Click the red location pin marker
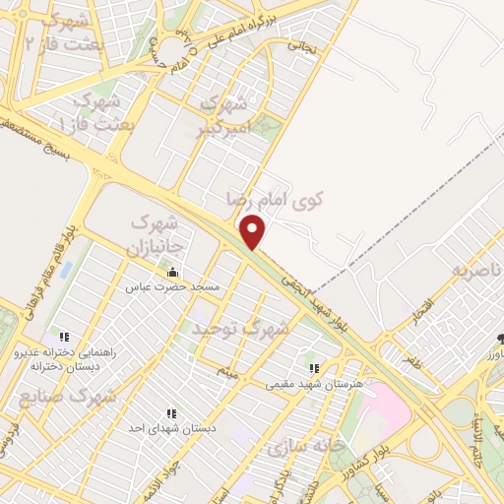pos(254,231)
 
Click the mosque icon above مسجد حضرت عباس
pos(173,273)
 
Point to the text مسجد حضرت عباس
pos(164,288)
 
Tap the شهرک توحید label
pos(240,326)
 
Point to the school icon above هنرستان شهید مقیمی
pos(314,367)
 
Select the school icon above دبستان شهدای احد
pos(171,414)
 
